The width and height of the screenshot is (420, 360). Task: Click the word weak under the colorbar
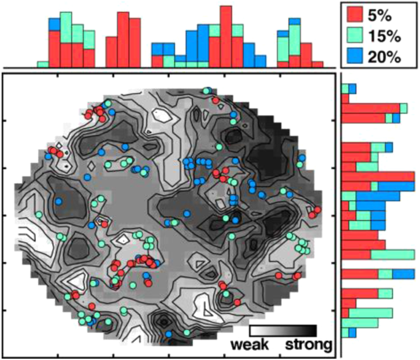(250, 345)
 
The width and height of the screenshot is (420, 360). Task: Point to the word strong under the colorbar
(308, 345)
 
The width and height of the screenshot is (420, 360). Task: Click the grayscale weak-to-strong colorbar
(283, 331)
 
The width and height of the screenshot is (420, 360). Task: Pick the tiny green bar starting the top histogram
(43, 64)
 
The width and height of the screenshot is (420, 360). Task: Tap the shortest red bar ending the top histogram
(317, 65)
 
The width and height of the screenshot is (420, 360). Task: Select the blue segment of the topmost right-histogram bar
(352, 88)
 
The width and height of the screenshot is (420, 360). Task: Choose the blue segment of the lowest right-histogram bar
(345, 332)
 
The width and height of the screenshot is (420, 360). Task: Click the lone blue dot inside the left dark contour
(59, 201)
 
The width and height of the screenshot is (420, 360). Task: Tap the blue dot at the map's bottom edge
(168, 334)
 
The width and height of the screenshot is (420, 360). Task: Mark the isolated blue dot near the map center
(187, 214)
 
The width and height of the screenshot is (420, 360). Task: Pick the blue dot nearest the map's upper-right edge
(302, 157)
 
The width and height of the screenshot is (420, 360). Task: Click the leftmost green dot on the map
(38, 215)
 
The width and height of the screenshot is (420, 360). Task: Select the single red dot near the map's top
(215, 100)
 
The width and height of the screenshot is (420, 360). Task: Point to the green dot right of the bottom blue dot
(187, 332)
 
